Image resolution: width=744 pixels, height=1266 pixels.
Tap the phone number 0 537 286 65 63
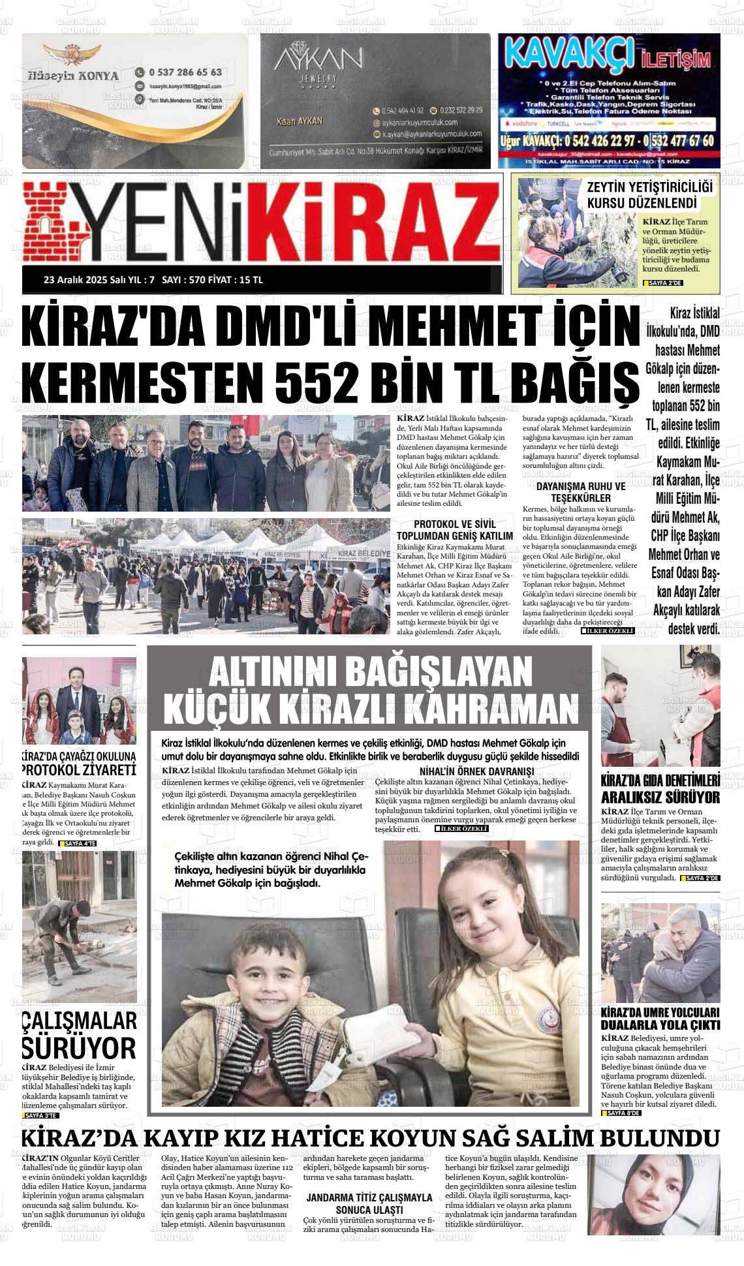(x=185, y=72)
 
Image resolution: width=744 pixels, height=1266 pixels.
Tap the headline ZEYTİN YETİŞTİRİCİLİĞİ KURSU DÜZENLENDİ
(x=649, y=195)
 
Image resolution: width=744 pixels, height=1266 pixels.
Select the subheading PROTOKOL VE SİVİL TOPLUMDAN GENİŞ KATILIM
(x=455, y=530)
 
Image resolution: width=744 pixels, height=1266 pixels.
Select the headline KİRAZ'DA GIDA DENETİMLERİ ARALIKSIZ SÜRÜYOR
(x=660, y=789)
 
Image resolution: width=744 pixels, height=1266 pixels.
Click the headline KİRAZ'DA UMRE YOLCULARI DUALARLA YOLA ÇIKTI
(x=660, y=1018)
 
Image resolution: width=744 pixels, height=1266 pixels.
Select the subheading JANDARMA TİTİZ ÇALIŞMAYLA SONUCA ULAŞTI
(x=369, y=1203)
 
